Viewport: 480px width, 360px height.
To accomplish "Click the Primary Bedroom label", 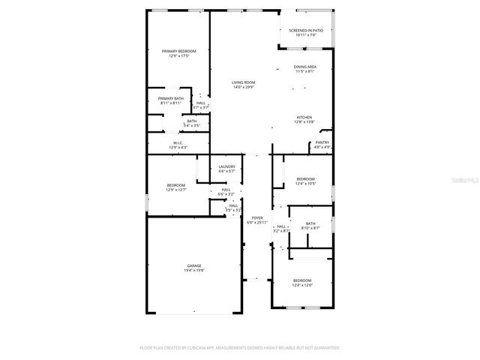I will tap(178, 51).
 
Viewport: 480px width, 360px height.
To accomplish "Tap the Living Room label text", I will tap(243, 82).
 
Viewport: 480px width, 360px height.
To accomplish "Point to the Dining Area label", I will tap(304, 67).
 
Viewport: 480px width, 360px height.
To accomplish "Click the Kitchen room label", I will tap(304, 117).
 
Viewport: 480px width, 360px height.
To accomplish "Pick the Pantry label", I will tap(322, 142).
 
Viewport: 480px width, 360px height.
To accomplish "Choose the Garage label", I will tap(194, 265).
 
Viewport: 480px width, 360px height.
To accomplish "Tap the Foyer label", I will tap(257, 218).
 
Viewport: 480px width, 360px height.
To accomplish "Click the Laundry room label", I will tap(226, 166).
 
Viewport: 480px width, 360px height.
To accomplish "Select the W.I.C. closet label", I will tap(178, 142).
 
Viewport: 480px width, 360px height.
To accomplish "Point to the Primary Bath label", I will tap(171, 98).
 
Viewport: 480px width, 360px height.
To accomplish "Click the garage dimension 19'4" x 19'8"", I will tap(194, 270).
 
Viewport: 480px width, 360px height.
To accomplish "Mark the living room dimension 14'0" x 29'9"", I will tap(243, 87).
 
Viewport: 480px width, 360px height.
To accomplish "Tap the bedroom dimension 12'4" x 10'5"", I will tap(305, 183).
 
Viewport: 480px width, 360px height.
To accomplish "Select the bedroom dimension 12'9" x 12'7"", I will tap(176, 189).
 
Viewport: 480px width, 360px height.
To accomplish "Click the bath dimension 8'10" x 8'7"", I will tap(310, 227).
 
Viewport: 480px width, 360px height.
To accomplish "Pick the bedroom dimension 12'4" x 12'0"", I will tap(302, 285).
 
